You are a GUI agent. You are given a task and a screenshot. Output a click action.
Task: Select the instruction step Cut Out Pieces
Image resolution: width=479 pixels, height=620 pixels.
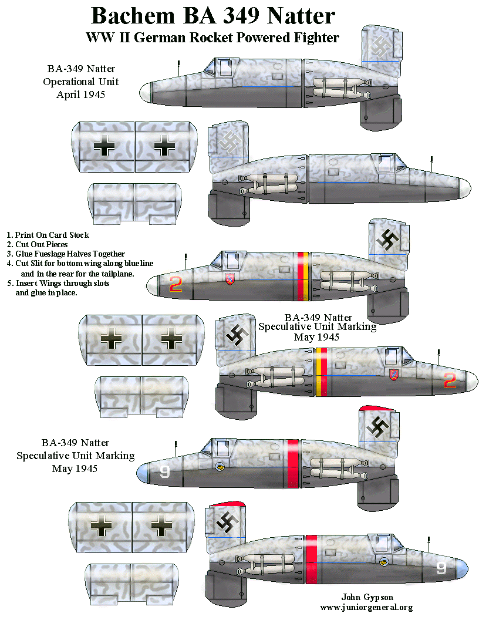pos(41,244)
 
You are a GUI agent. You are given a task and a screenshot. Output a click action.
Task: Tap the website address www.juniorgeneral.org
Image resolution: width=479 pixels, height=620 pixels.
pos(366,608)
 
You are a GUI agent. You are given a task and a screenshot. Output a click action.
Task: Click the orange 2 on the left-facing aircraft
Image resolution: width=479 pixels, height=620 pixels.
pos(175,284)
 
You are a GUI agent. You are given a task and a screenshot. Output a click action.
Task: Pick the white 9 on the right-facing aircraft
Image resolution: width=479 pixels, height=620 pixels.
pos(441,568)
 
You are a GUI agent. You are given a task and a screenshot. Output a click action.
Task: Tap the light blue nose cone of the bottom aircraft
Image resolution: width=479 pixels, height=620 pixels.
pos(462,568)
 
